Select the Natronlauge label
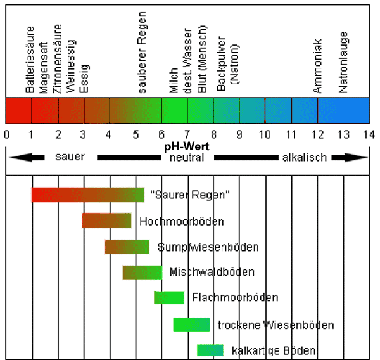343,65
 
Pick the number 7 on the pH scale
187,134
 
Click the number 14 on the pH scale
368,134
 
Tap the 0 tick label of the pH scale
6,134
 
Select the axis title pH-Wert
187,146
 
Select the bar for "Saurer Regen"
88,195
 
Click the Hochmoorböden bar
106,221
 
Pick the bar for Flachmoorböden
169,297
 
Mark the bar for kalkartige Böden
210,350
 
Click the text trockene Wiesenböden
275,325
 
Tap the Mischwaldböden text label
212,272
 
